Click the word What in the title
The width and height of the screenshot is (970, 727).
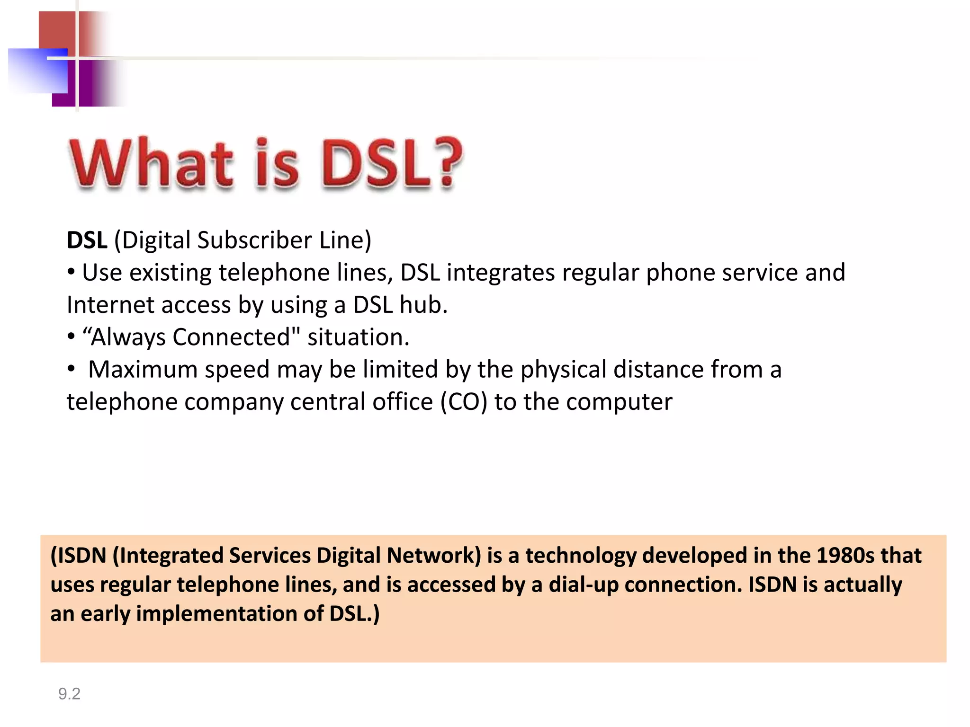point(152,163)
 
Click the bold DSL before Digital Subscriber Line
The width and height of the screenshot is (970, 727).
point(87,240)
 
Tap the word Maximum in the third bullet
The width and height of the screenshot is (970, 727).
point(143,369)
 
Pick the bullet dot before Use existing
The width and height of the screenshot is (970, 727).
point(71,272)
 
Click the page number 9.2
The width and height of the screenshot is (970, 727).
point(69,694)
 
